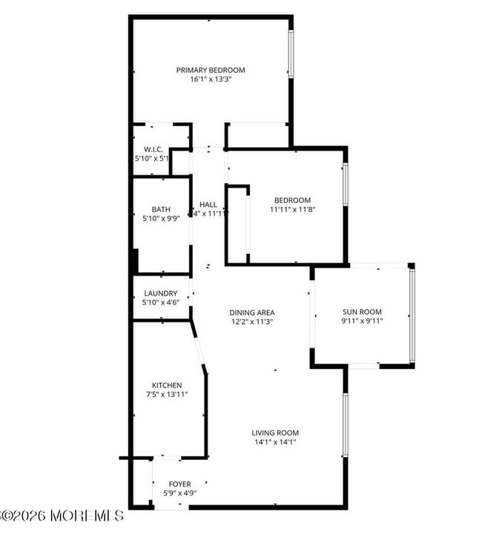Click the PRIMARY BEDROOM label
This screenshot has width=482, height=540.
[x=210, y=70]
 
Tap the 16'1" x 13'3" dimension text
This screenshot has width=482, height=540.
[x=210, y=80]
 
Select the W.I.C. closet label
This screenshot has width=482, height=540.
[x=153, y=149]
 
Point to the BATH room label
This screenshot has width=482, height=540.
[x=161, y=210]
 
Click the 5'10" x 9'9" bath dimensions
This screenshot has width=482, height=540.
[x=161, y=219]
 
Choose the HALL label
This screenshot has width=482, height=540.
[x=209, y=204]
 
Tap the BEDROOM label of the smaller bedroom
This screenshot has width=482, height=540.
[x=292, y=200]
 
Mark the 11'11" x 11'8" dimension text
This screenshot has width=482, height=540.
[x=292, y=210]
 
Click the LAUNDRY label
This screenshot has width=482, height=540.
[x=160, y=293]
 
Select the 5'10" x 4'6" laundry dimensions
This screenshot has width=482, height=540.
[x=160, y=302]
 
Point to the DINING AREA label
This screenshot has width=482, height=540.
[x=251, y=313]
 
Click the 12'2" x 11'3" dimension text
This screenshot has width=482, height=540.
[x=251, y=322]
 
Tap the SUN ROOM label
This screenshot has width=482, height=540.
[x=361, y=312]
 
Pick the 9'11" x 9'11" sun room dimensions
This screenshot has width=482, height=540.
[x=361, y=321]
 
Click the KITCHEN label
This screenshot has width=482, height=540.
[x=167, y=385]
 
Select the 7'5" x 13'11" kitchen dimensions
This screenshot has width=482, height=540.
[x=167, y=395]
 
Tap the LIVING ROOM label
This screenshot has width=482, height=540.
[x=275, y=433]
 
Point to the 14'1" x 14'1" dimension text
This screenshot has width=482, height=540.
[x=275, y=442]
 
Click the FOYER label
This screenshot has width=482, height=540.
[x=179, y=484]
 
